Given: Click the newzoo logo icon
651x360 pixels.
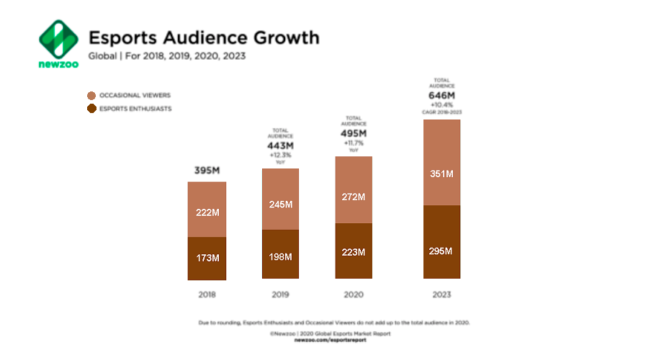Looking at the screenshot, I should [x=58, y=40].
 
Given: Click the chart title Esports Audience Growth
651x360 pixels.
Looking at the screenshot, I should [x=203, y=37].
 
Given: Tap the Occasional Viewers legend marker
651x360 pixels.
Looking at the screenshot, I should [x=91, y=95].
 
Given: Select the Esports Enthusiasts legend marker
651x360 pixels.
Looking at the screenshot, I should [x=91, y=109].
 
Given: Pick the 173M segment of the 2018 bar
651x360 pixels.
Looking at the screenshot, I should [x=207, y=258].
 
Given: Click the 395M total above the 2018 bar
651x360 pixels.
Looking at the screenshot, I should [x=207, y=171].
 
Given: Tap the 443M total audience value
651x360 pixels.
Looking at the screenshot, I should [x=280, y=145].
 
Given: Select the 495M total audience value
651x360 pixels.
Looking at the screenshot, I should [x=353, y=133].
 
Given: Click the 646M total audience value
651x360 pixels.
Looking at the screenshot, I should [x=441, y=94].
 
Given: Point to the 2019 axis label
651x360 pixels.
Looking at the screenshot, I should [x=280, y=294].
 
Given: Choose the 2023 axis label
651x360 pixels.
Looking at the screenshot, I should [x=441, y=294].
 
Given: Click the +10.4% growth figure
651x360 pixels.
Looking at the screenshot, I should [x=441, y=105].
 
